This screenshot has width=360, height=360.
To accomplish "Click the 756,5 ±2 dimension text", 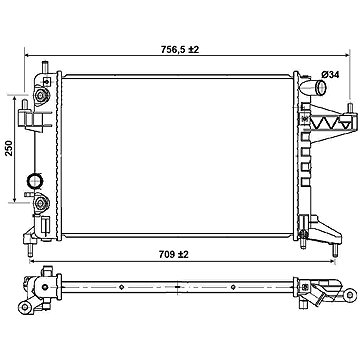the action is point(180,50).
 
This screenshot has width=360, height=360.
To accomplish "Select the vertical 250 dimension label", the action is point(9,148).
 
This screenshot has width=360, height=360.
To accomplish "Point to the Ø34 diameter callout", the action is point(330,75).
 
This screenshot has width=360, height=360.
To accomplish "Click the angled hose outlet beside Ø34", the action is point(313,87).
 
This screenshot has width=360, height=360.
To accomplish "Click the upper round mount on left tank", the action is point(41,95).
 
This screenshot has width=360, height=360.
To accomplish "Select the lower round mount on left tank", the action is point(41,203).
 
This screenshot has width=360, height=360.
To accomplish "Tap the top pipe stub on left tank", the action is point(45,67).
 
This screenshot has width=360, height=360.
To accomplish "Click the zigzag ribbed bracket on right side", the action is point(327,122).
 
